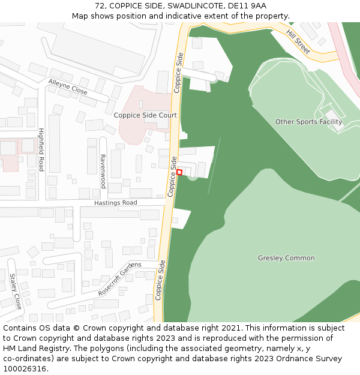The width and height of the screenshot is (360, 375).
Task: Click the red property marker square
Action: [x=179, y=172]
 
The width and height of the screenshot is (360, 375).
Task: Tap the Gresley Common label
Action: [x=286, y=258]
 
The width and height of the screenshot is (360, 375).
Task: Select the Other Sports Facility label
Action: [x=308, y=122]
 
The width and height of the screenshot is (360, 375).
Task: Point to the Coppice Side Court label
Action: [x=145, y=115]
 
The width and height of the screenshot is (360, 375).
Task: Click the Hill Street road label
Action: [x=298, y=41]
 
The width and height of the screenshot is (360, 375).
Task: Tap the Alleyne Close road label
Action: [x=68, y=87]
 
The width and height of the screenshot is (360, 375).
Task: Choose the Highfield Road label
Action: [x=41, y=149]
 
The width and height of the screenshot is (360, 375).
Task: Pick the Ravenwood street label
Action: [x=103, y=171]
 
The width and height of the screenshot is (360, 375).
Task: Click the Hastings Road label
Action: [x=115, y=203]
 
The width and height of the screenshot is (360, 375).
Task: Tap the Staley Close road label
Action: [x=15, y=291]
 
